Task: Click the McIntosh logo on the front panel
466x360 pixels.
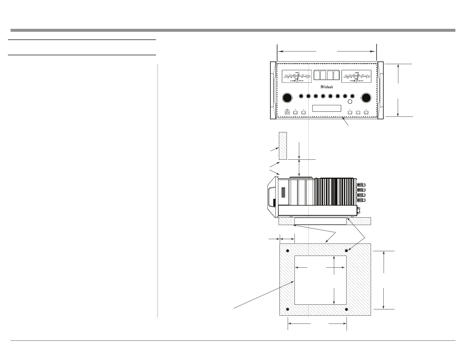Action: click(x=327, y=87)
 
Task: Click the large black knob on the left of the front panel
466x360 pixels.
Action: click(x=287, y=98)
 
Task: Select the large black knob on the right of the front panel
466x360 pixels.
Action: click(x=366, y=98)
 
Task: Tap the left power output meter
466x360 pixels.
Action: click(x=297, y=76)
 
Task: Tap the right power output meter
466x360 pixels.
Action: click(x=356, y=76)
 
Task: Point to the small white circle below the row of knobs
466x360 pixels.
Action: click(x=350, y=102)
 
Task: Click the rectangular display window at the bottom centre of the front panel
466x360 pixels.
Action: click(x=327, y=108)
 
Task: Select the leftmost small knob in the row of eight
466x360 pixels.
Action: click(x=301, y=96)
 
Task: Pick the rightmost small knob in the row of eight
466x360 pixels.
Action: click(x=352, y=96)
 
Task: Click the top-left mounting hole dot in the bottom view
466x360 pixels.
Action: click(x=288, y=251)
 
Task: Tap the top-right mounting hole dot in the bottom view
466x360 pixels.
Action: click(x=347, y=251)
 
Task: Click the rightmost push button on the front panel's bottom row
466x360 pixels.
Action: click(x=366, y=112)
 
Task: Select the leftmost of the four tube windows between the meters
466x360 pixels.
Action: click(x=317, y=75)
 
